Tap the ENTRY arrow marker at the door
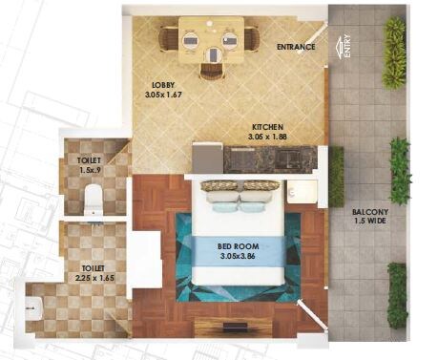pyautogui.click(x=344, y=46)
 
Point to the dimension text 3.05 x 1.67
pyautogui.click(x=164, y=95)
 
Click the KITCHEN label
pyautogui.click(x=268, y=126)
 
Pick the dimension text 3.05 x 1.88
pyautogui.click(x=268, y=137)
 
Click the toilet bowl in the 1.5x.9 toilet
pyautogui.click(x=93, y=198)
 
